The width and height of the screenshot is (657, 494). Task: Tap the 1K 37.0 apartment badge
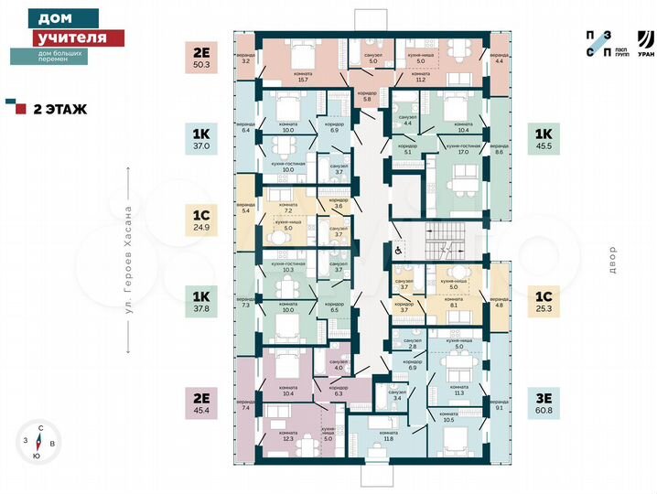tap(201, 137)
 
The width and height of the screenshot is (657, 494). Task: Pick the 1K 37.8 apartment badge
tap(201, 301)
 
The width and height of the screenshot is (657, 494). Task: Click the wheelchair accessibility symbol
tap(399, 248)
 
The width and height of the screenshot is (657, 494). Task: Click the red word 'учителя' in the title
tap(70, 38)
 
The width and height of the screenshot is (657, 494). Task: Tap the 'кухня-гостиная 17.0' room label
tap(465, 149)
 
